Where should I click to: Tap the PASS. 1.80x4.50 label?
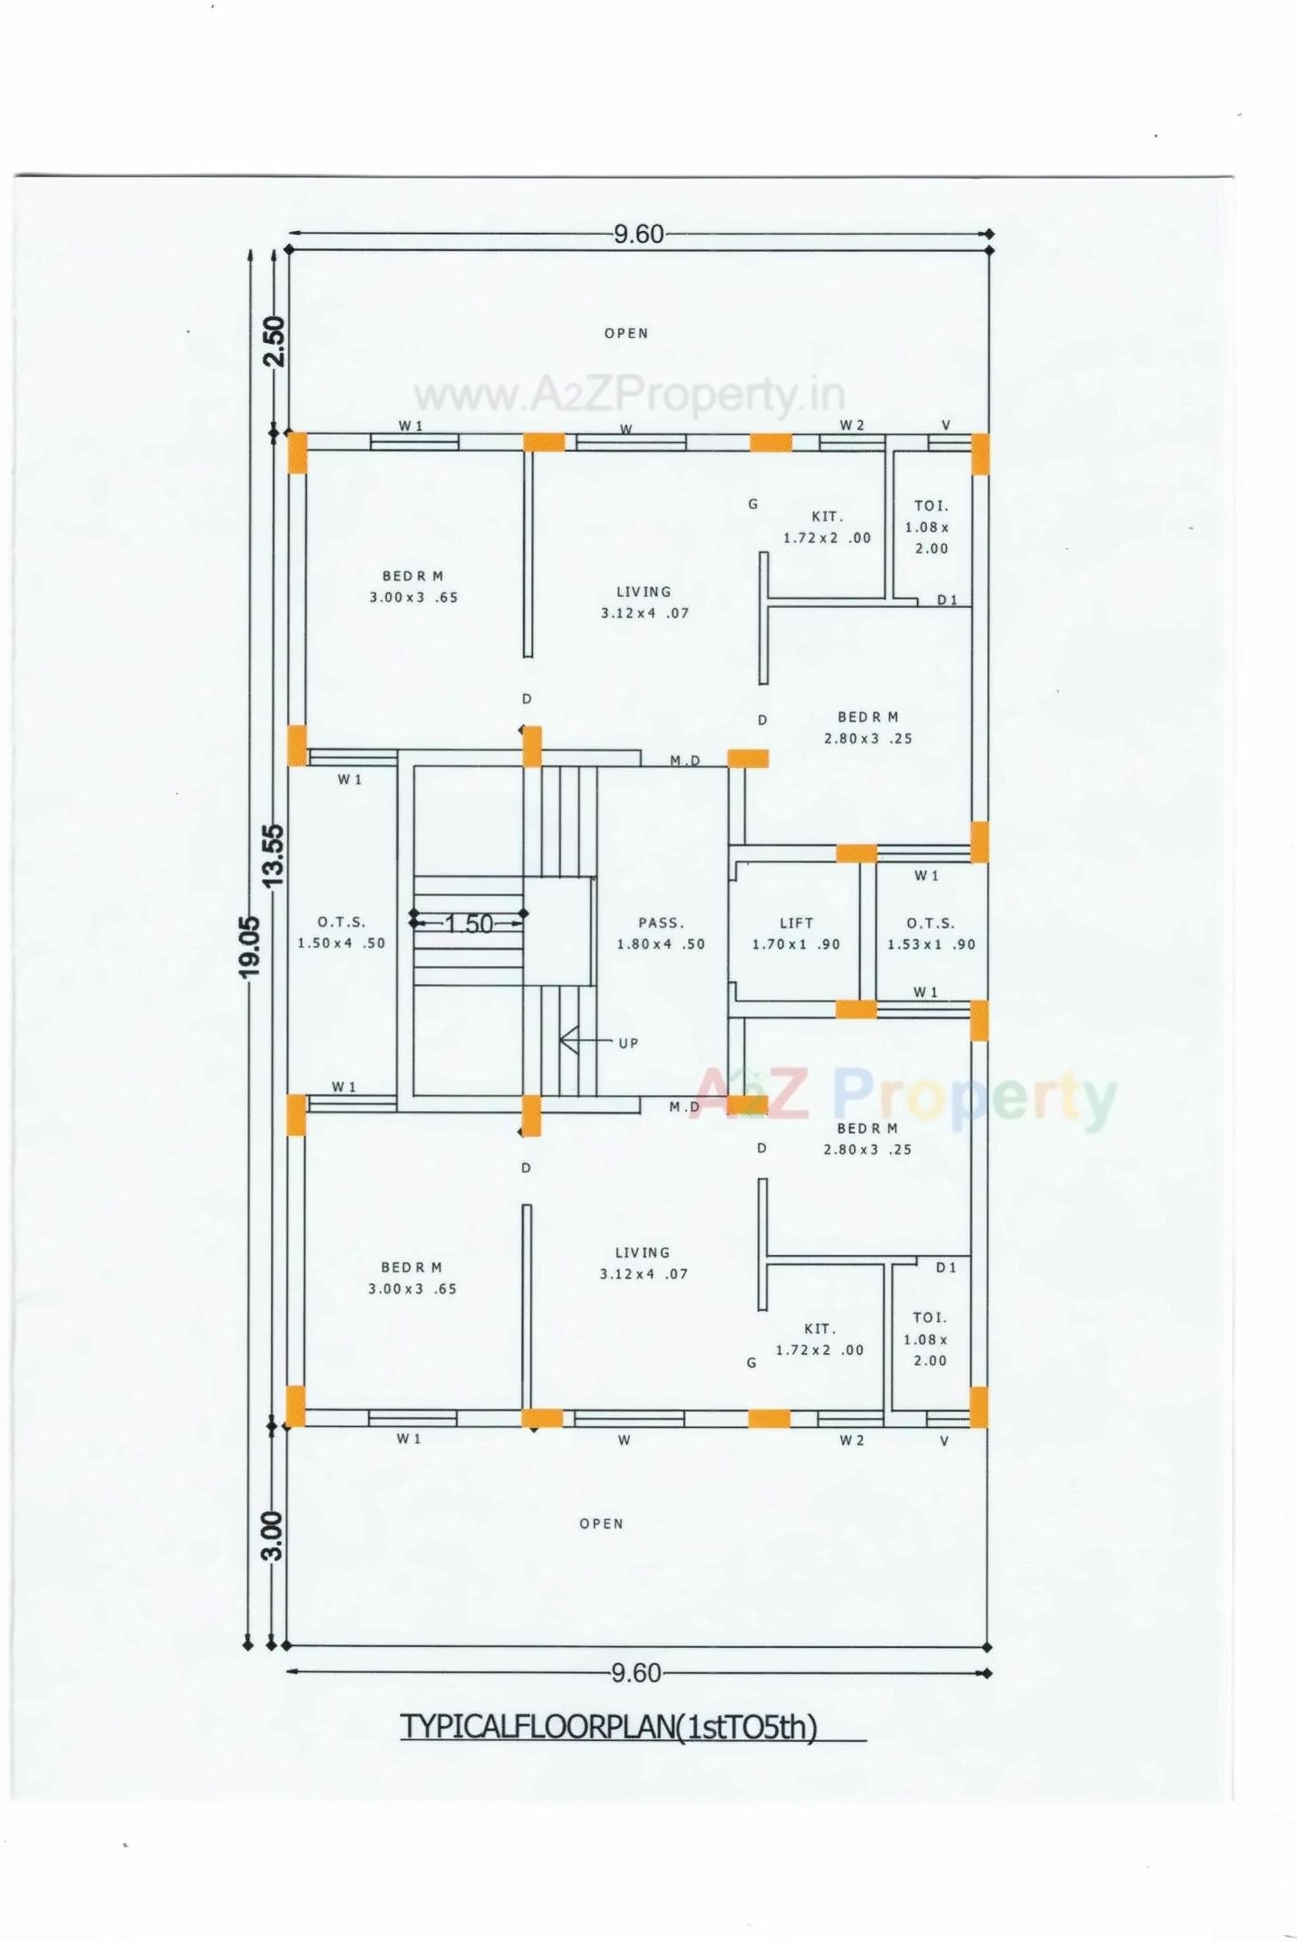click(x=661, y=933)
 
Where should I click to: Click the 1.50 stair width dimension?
click(x=468, y=924)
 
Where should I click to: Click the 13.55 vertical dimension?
click(x=273, y=855)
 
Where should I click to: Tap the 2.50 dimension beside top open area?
click(x=273, y=341)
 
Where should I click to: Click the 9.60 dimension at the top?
click(x=638, y=234)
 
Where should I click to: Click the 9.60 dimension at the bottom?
click(x=636, y=1673)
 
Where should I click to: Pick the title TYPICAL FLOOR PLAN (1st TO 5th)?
click(x=609, y=1727)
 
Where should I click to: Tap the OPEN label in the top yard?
click(x=626, y=333)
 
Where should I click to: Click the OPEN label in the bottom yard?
click(x=601, y=1524)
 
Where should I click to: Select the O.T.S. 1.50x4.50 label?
click(x=341, y=932)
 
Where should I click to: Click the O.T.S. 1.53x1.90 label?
click(x=930, y=933)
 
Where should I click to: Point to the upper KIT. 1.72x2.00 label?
click(x=826, y=527)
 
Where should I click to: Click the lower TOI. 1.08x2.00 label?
click(x=930, y=1338)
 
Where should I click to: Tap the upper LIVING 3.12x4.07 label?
click(x=644, y=602)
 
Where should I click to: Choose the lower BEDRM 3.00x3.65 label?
click(x=412, y=1277)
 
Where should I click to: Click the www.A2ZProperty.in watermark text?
click(x=630, y=396)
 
